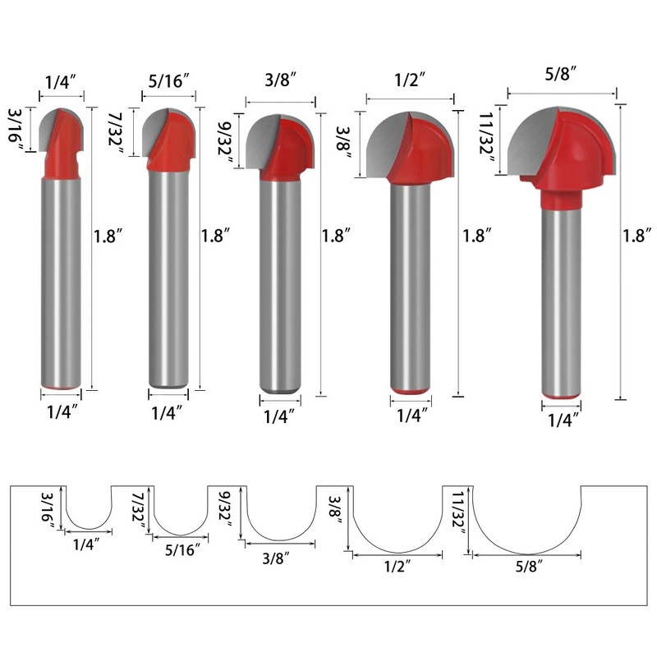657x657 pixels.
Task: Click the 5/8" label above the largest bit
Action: click(560, 73)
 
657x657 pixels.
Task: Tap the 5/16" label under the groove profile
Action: click(181, 550)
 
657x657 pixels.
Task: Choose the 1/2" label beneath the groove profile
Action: click(397, 566)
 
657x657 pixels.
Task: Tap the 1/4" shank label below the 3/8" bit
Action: click(279, 416)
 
